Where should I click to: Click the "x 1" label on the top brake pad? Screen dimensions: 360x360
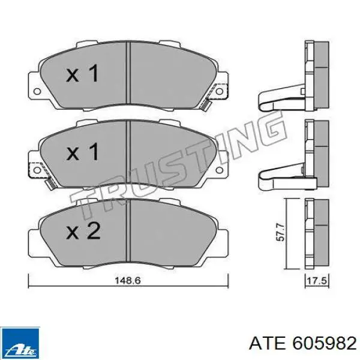[82, 75]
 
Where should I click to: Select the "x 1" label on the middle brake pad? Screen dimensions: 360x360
[82, 152]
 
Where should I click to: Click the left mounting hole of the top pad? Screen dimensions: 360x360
[35, 91]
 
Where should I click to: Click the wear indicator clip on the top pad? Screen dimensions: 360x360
[206, 105]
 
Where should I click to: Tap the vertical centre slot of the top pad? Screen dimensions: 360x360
[129, 71]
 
